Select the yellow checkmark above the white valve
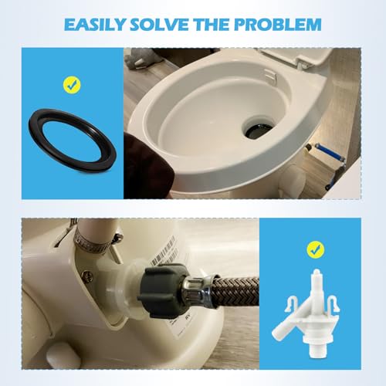(x=313, y=249)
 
